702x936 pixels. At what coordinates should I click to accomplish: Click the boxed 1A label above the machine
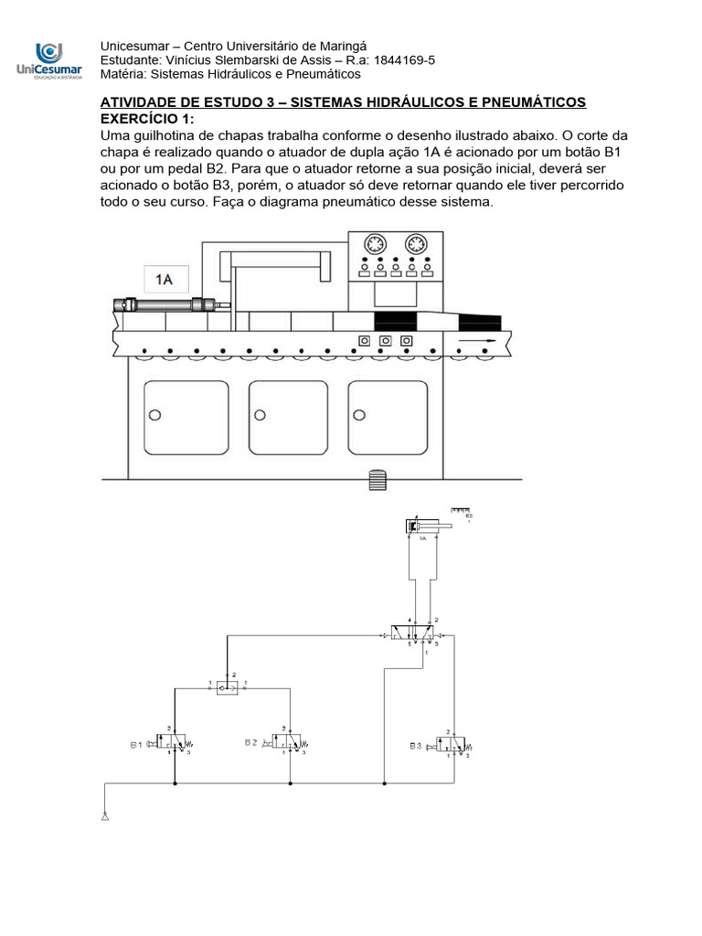pyautogui.click(x=165, y=280)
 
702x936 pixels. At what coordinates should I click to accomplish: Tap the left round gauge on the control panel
pyautogui.click(x=374, y=247)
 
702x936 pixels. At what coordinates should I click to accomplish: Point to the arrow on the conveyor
pyautogui.click(x=478, y=340)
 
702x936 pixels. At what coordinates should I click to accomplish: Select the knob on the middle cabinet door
pyautogui.click(x=260, y=415)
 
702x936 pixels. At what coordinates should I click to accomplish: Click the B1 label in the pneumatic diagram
pyautogui.click(x=136, y=745)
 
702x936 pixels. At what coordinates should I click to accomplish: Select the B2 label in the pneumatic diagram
pyautogui.click(x=250, y=743)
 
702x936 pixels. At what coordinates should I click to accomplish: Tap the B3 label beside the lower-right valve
pyautogui.click(x=417, y=746)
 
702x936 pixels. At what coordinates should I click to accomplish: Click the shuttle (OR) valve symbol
pyautogui.click(x=227, y=688)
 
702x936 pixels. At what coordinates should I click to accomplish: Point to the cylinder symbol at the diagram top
pyautogui.click(x=421, y=526)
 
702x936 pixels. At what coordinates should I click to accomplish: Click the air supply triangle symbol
pyautogui.click(x=106, y=816)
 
